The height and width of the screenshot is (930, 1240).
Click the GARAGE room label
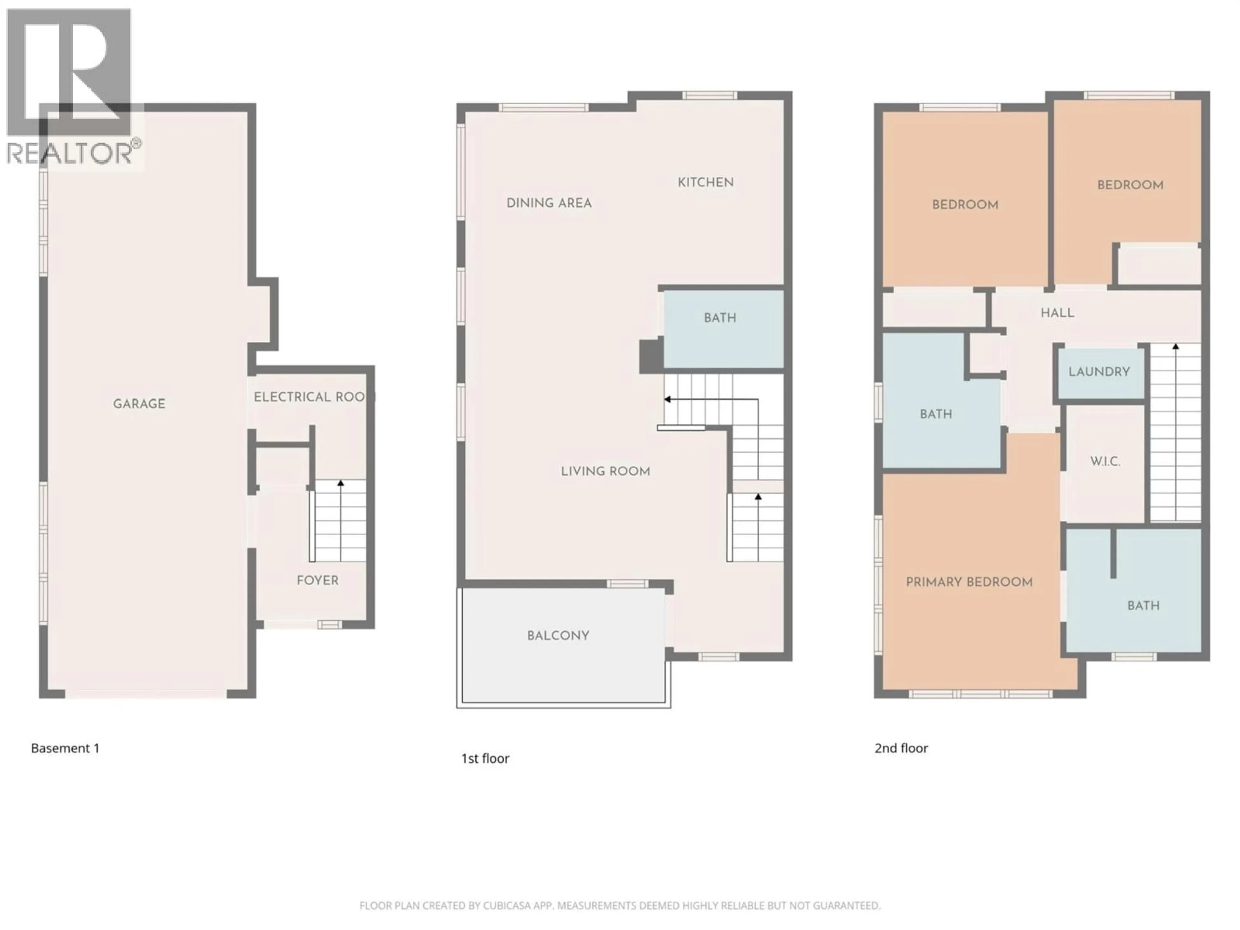139,404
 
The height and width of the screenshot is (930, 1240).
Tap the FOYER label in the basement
317,580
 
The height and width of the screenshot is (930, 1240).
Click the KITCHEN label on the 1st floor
705,182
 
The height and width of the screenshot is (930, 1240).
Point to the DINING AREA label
549,203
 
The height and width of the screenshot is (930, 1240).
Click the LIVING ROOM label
605,471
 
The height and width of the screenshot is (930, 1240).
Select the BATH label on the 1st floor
720,318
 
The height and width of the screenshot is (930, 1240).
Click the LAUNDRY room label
1099,372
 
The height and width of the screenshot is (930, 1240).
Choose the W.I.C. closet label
1105,461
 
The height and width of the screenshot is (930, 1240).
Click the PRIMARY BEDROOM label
969,582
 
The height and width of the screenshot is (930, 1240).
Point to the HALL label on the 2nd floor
1057,313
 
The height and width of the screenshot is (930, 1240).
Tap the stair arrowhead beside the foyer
340,483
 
